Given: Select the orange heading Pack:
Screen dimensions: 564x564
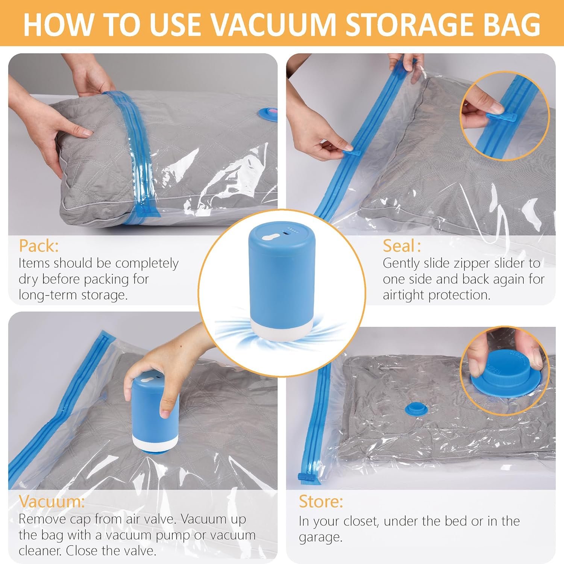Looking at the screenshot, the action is tap(39, 246).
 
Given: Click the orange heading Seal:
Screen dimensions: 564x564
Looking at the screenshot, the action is tap(402, 246).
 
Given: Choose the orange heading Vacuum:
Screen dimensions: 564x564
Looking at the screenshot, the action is tap(52, 502).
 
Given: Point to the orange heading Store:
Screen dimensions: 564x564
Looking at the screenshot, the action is tap(321, 502).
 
